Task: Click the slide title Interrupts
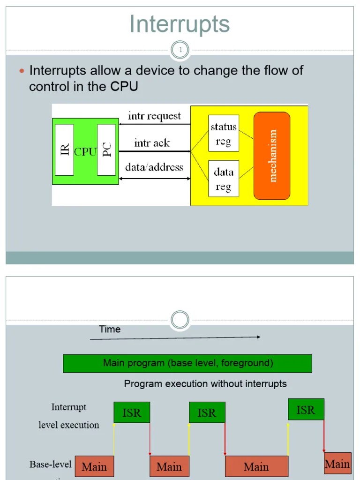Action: pyautogui.click(x=180, y=24)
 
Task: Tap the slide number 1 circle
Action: pyautogui.click(x=180, y=50)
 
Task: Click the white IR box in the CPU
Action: pyautogui.click(x=64, y=150)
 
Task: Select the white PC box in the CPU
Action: pyautogui.click(x=106, y=150)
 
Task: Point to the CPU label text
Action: pyautogui.click(x=85, y=151)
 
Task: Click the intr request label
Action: pyautogui.click(x=154, y=116)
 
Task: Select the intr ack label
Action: pyautogui.click(x=152, y=143)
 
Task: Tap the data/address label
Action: pyautogui.click(x=154, y=167)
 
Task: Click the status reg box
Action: pyautogui.click(x=224, y=134)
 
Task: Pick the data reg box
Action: pyautogui.click(x=224, y=179)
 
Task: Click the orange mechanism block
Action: pyautogui.click(x=272, y=156)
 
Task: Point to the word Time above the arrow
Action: pyautogui.click(x=110, y=329)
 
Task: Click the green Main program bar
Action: pyautogui.click(x=187, y=363)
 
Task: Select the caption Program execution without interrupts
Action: pyautogui.click(x=205, y=383)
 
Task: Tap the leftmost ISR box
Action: pyautogui.click(x=132, y=412)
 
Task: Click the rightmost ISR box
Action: pyautogui.click(x=306, y=410)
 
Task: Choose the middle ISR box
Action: pyautogui.click(x=207, y=412)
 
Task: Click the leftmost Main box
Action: pyautogui.click(x=94, y=466)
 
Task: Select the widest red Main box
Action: pyautogui.click(x=256, y=466)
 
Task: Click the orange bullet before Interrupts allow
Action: pyautogui.click(x=22, y=71)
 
